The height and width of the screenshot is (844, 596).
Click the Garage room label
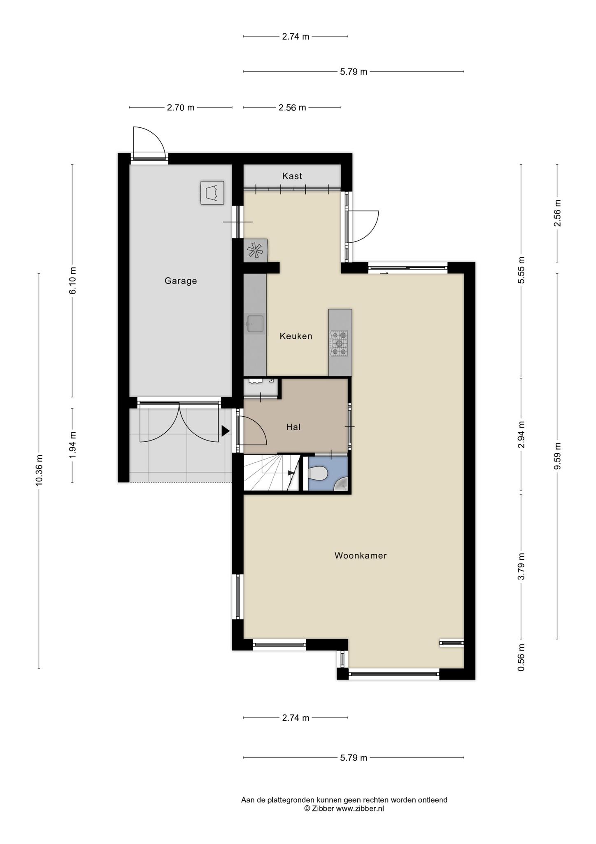[181, 281]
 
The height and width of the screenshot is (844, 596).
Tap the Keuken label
[296, 336]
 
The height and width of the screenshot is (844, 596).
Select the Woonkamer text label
[361, 556]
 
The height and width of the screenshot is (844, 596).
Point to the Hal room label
[293, 427]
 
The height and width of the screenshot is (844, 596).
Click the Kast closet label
[292, 176]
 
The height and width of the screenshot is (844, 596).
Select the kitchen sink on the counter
[255, 324]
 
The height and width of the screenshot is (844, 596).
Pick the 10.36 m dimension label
[39, 470]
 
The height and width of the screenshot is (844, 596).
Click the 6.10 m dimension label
[72, 281]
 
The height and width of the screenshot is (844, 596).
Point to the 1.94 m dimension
[72, 445]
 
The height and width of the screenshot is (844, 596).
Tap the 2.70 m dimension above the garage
[180, 108]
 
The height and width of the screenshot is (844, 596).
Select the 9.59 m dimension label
[557, 456]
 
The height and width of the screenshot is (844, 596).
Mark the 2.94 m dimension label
[521, 435]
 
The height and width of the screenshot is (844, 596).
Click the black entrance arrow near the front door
[225, 431]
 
